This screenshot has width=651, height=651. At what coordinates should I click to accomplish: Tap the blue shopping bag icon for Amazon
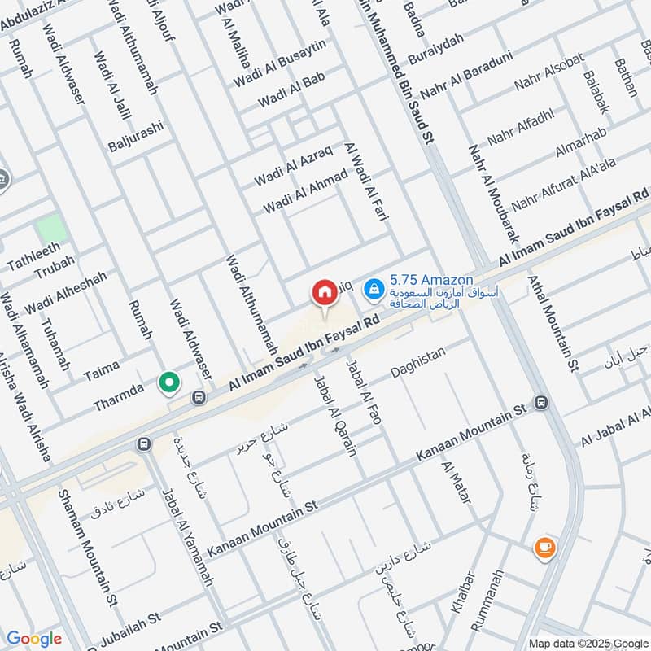tap(373, 287)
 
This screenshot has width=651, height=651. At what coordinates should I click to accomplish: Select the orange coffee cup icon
tap(544, 548)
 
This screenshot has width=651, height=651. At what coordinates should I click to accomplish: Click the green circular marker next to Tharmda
tap(169, 382)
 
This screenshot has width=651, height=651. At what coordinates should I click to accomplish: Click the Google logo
tap(33, 639)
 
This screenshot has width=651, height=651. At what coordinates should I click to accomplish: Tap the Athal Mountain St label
tap(552, 321)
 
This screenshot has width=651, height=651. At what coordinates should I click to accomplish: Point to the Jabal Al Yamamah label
tap(186, 538)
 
